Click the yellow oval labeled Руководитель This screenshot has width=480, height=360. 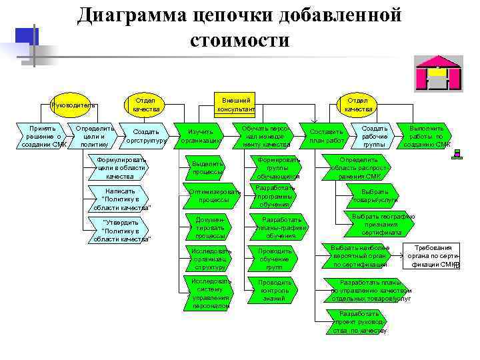[x=73, y=104]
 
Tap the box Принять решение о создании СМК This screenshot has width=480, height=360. [x=42, y=135]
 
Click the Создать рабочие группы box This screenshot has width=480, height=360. [x=375, y=135]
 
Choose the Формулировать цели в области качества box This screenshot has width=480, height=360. [x=120, y=168]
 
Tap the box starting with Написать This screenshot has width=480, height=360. [x=120, y=199]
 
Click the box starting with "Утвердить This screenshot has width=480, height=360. [x=121, y=230]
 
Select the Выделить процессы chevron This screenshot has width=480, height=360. [x=208, y=167]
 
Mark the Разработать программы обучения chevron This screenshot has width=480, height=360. [x=275, y=196]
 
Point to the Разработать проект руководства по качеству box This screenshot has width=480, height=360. [x=359, y=321]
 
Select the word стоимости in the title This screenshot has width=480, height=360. [x=239, y=41]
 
